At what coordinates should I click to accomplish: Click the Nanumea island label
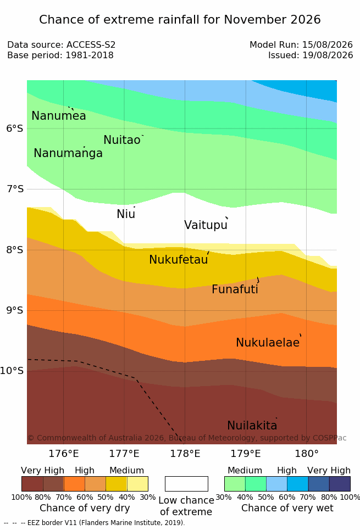point(58,116)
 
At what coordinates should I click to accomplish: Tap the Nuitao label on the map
point(122,140)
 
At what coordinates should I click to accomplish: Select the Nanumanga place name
point(68,153)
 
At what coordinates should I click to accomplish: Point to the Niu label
point(126,214)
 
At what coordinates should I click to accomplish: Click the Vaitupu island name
point(206,225)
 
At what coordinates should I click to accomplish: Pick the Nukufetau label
point(178,260)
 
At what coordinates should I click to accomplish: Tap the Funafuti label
point(235,289)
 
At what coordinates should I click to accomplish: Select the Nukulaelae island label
point(268,342)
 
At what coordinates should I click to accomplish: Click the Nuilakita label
point(252,425)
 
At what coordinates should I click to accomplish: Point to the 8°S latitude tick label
point(15,250)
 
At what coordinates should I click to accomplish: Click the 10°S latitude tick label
point(12,371)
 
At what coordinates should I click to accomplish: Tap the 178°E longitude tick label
point(185,454)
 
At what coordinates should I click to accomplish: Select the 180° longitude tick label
point(307,454)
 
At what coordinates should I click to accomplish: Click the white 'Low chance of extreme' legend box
point(186,484)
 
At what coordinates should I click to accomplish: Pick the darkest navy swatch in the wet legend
point(340,484)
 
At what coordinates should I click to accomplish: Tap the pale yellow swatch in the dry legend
point(137,484)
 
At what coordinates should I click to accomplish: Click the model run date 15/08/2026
point(328,45)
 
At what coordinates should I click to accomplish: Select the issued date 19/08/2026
point(328,55)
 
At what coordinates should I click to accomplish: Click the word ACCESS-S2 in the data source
point(91,45)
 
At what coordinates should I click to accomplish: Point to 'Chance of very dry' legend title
point(85,508)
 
